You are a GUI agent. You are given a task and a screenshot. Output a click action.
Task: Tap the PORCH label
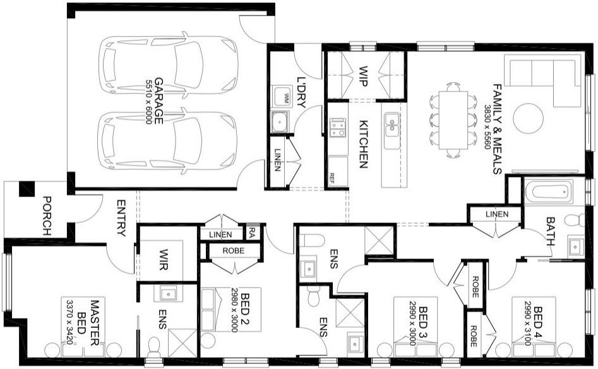47,215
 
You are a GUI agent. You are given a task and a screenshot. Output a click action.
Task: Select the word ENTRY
121,219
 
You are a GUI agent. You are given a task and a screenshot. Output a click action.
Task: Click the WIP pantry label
363,73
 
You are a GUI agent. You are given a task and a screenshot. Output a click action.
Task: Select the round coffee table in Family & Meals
527,118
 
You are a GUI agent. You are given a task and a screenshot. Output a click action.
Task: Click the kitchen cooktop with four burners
337,128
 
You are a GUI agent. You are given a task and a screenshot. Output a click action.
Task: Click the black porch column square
27,188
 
